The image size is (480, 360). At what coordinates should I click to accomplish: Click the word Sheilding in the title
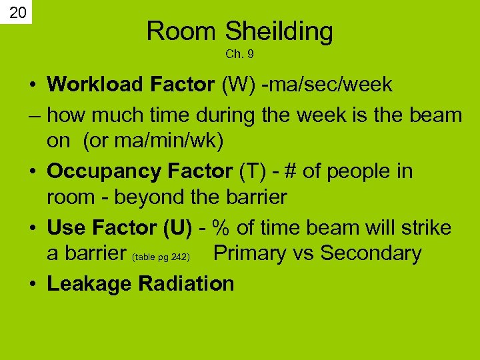(x=279, y=31)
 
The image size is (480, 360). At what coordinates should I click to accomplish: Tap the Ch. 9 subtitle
(x=239, y=53)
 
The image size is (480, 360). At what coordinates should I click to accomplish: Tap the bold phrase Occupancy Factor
(x=139, y=171)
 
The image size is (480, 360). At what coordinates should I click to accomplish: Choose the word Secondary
(x=371, y=254)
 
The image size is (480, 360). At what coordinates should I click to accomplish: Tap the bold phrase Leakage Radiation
(x=141, y=283)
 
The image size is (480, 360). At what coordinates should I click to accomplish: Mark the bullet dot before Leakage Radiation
(x=33, y=284)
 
